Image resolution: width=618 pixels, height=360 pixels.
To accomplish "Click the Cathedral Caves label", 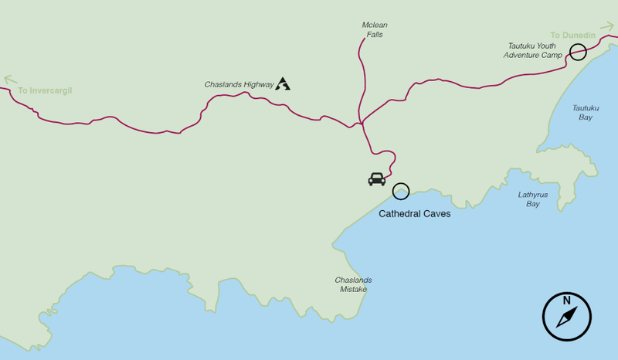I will tap(414, 214).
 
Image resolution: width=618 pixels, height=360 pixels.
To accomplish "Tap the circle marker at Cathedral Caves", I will tap(401, 192).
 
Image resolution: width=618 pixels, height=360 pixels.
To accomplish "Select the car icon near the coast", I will tap(377, 179).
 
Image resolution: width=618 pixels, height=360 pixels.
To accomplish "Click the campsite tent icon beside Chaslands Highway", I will tap(283, 83).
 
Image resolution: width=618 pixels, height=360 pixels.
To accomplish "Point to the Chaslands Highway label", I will tap(239, 84).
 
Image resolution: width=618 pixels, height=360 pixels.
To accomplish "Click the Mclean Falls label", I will tap(374, 30).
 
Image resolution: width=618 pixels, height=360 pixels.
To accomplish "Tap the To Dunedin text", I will tap(573, 36).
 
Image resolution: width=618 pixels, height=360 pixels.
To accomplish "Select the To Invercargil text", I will tap(45, 90).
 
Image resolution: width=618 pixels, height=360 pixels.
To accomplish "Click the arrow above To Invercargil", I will tap(10, 79).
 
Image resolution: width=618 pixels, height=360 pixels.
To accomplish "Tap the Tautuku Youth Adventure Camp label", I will tap(532, 50).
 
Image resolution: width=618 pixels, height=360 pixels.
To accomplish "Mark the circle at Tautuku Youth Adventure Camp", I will tap(577, 53).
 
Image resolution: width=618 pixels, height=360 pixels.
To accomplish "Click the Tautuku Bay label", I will tap(584, 113).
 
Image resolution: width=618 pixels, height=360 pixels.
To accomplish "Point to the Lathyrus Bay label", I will tap(533, 199).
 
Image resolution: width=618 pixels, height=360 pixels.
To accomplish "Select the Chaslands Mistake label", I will tap(353, 284).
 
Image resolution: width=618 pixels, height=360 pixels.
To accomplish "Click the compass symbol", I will tap(567, 317).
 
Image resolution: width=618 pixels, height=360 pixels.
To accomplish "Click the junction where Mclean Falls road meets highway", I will tap(361, 124).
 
